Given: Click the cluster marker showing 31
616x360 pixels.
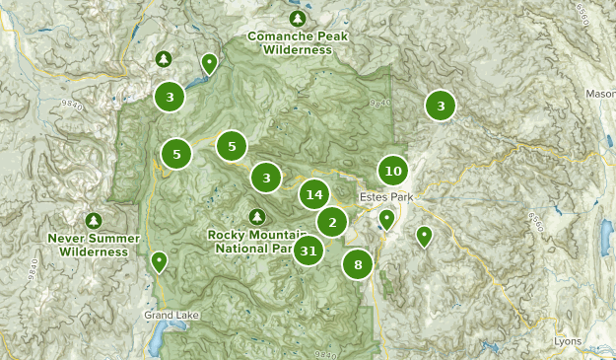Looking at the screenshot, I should pyautogui.click(x=309, y=251).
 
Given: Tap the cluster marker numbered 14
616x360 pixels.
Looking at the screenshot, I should pyautogui.click(x=314, y=194).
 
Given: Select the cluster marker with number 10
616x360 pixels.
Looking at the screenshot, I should pyautogui.click(x=393, y=171).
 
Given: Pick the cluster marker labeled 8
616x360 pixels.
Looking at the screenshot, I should pyautogui.click(x=358, y=263).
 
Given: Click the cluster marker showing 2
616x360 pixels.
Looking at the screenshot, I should pyautogui.click(x=332, y=222).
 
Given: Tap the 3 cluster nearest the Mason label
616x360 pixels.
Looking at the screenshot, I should pyautogui.click(x=441, y=106).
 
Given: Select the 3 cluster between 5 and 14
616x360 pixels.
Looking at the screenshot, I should pyautogui.click(x=265, y=178).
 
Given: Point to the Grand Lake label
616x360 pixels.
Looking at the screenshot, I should pyautogui.click(x=165, y=316).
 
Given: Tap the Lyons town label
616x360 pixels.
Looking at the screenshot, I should pyautogui.click(x=567, y=340).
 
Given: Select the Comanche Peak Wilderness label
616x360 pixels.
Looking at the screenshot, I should pyautogui.click(x=299, y=42).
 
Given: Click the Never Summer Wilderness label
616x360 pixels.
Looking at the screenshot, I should pyautogui.click(x=94, y=245).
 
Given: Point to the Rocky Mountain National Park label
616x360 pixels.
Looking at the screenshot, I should pyautogui.click(x=254, y=242).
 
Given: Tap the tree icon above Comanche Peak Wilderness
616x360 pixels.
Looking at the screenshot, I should pyautogui.click(x=299, y=19).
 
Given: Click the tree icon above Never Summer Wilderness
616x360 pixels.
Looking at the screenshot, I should pyautogui.click(x=94, y=220).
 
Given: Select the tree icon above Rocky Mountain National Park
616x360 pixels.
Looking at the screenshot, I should pyautogui.click(x=257, y=216).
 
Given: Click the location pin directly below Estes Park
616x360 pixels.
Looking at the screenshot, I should pyautogui.click(x=387, y=219).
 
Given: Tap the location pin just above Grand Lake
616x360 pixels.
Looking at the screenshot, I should pyautogui.click(x=159, y=262).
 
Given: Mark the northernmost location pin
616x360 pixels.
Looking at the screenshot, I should pyautogui.click(x=209, y=64).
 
